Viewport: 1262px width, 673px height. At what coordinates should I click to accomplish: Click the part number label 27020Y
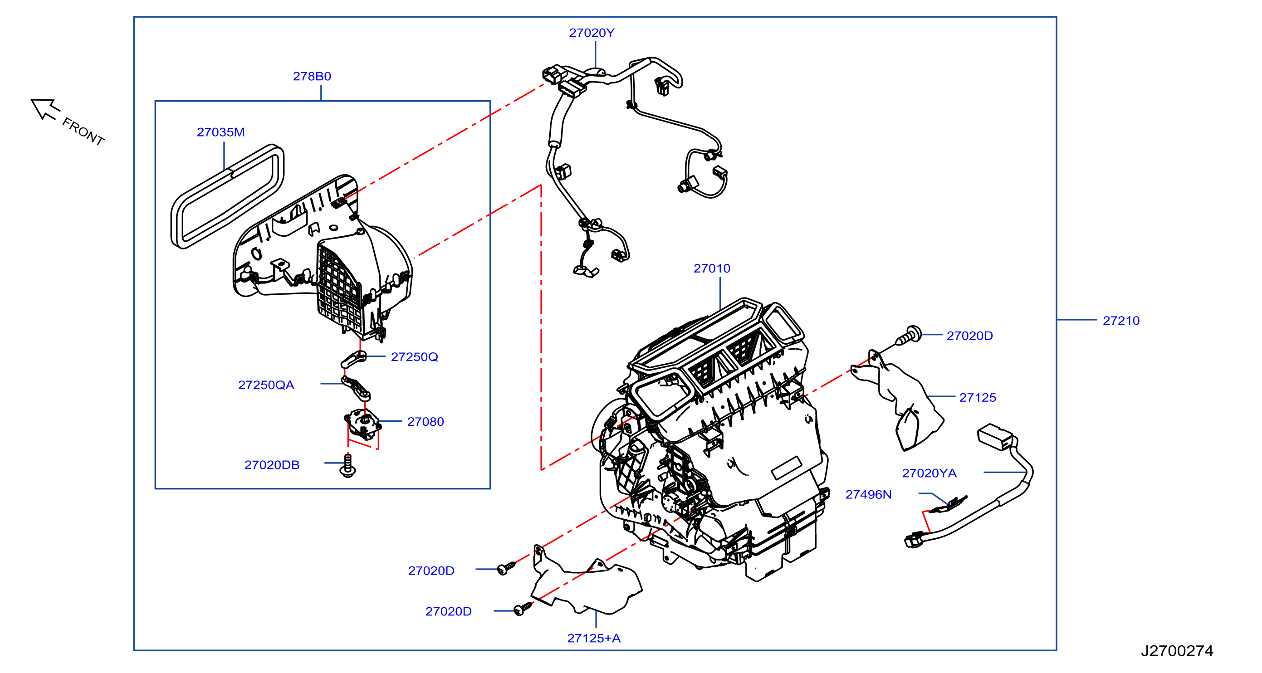pyautogui.click(x=592, y=33)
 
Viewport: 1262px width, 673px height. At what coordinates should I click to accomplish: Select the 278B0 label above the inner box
pyautogui.click(x=312, y=76)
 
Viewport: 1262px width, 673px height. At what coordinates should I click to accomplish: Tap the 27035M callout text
pyautogui.click(x=220, y=132)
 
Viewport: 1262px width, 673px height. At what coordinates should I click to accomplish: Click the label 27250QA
pyautogui.click(x=266, y=385)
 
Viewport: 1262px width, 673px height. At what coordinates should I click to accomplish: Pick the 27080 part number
pyautogui.click(x=425, y=422)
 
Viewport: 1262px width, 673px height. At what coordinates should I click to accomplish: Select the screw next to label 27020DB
pyautogui.click(x=348, y=466)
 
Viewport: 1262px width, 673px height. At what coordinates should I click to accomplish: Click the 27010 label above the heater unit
pyautogui.click(x=711, y=268)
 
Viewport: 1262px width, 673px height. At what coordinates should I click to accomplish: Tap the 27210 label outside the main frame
pyautogui.click(x=1121, y=321)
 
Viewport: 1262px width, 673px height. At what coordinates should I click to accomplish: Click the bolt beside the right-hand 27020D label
pyautogui.click(x=909, y=336)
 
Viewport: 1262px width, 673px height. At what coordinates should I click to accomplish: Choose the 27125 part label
pyautogui.click(x=978, y=398)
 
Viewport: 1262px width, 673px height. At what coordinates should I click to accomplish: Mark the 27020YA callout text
pyautogui.click(x=929, y=473)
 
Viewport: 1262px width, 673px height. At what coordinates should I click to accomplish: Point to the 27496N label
pyautogui.click(x=868, y=495)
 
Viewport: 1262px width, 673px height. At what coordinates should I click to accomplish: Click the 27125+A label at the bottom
pyautogui.click(x=594, y=638)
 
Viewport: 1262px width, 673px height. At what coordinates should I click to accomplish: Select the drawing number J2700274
pyautogui.click(x=1177, y=651)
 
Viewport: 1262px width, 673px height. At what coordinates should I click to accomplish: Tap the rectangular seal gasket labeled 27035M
pyautogui.click(x=227, y=196)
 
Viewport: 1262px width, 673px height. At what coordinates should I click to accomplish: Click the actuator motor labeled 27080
pyautogui.click(x=362, y=423)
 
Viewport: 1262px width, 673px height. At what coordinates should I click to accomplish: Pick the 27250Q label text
pyautogui.click(x=414, y=357)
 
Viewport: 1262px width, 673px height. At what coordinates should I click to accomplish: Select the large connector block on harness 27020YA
pyautogui.click(x=995, y=436)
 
